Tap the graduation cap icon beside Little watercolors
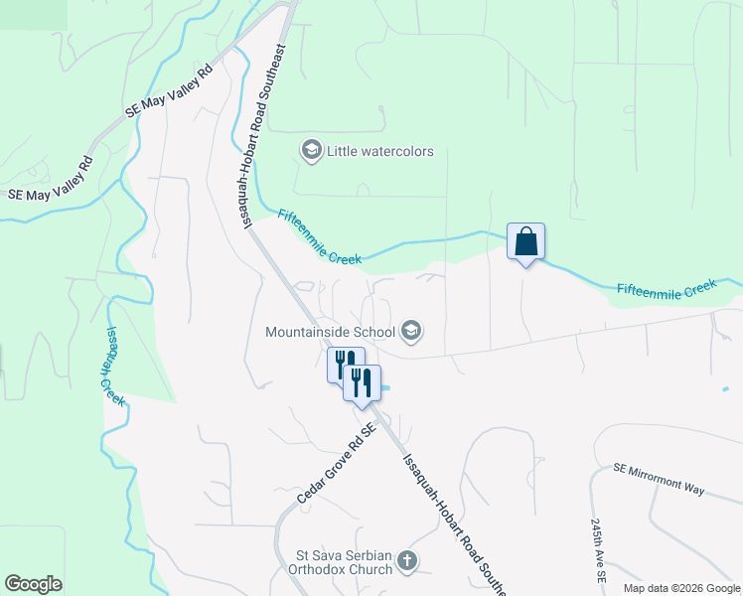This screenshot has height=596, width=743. tap(311, 151)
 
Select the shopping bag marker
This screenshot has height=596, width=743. tap(525, 241)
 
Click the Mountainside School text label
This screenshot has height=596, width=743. tap(330, 331)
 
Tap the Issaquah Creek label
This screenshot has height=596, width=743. tap(114, 365)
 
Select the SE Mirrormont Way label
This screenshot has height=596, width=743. tap(659, 478)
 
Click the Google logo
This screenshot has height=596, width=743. tap(33, 584)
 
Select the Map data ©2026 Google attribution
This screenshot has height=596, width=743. tap(680, 588)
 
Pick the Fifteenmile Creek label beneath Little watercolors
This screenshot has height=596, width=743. tap(319, 236)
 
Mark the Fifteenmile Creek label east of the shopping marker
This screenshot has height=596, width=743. tap(666, 287)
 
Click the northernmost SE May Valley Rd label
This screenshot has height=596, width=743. tap(170, 94)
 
